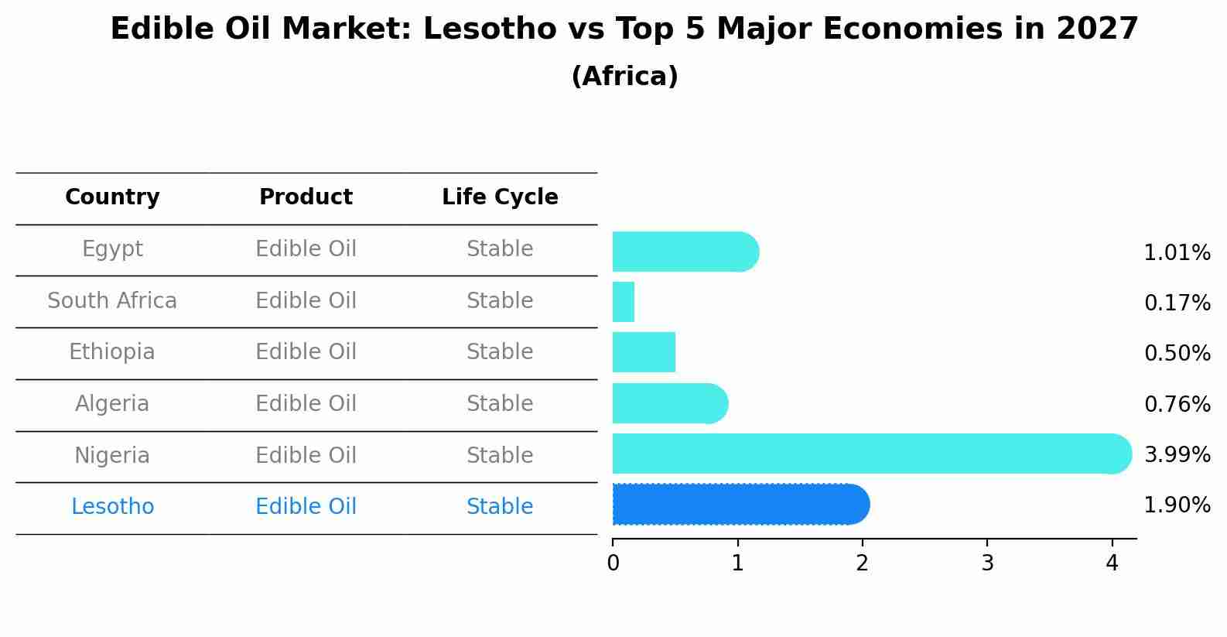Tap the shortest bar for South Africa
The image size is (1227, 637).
click(x=624, y=302)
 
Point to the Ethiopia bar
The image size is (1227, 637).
click(x=644, y=352)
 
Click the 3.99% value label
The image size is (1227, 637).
click(x=1177, y=454)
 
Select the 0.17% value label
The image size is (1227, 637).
click(x=1177, y=303)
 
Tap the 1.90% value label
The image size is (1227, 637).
click(x=1177, y=505)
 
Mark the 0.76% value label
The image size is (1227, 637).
click(x=1177, y=404)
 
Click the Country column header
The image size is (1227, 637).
click(x=112, y=197)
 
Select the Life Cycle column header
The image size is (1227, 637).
click(x=500, y=197)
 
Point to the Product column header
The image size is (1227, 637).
click(x=306, y=197)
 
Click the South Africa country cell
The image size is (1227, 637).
click(x=112, y=300)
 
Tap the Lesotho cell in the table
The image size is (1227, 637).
click(x=112, y=507)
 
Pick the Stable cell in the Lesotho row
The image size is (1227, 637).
click(x=500, y=507)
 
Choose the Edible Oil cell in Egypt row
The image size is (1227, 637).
click(x=306, y=249)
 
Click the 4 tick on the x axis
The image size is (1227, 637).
click(x=1112, y=563)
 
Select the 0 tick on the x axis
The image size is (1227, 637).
click(x=613, y=563)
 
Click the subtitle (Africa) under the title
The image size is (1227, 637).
click(x=624, y=77)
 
